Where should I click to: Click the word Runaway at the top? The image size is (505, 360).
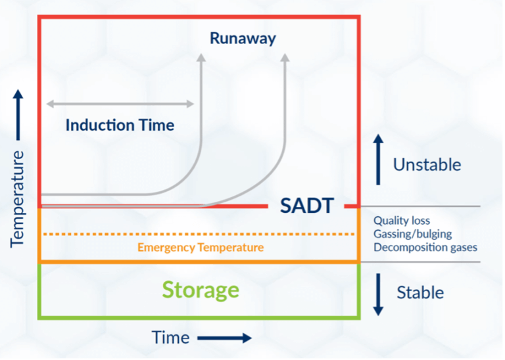(243, 38)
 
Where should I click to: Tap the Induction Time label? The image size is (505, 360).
(120, 125)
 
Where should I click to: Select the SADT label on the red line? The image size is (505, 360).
(307, 206)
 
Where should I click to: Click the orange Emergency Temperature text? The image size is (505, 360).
(200, 248)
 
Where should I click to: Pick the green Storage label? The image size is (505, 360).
(200, 290)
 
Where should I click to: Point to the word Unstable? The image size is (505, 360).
(427, 164)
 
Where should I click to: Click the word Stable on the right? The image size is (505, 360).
(420, 292)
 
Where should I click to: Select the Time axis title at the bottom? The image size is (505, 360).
(170, 338)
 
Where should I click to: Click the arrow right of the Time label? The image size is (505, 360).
(224, 338)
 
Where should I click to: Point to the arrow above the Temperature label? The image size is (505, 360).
(18, 114)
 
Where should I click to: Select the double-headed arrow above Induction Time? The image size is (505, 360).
(120, 104)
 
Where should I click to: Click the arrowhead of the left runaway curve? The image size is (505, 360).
(201, 58)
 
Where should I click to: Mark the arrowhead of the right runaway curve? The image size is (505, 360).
(285, 58)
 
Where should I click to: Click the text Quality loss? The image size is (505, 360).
(402, 221)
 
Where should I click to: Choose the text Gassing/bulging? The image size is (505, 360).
(412, 234)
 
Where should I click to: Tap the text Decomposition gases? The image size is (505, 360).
(425, 247)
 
